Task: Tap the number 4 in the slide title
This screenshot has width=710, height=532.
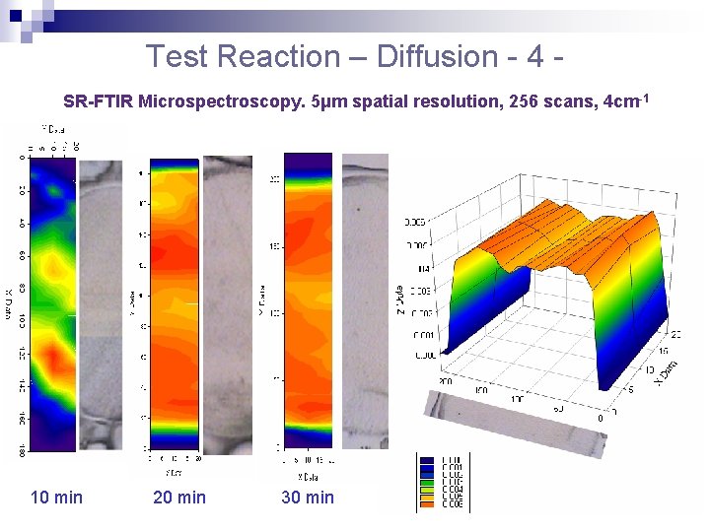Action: [535, 56]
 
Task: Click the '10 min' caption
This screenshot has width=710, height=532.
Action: [57, 498]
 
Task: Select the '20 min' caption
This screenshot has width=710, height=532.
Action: [179, 498]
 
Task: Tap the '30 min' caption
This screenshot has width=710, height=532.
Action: [308, 498]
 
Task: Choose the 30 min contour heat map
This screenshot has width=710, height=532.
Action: [308, 296]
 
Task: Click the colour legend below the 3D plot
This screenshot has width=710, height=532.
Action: [444, 483]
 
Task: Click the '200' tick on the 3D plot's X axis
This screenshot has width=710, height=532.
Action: [445, 380]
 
